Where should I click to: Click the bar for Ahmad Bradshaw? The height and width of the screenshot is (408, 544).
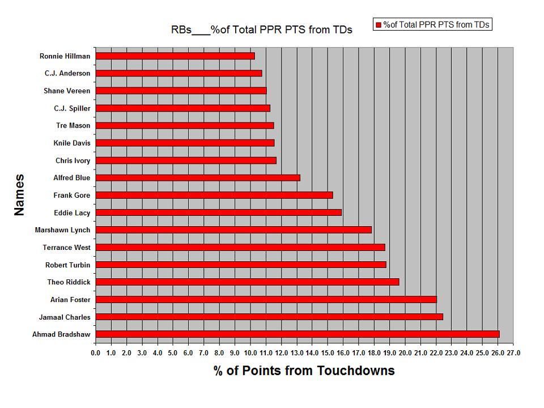[297, 334]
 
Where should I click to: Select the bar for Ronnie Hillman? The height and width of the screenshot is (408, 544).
[175, 56]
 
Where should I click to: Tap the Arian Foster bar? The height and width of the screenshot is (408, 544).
[266, 299]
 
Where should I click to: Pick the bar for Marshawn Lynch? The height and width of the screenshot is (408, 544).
[233, 230]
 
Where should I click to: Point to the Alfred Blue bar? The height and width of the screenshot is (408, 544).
[198, 178]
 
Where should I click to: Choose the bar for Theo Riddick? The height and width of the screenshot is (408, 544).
[247, 282]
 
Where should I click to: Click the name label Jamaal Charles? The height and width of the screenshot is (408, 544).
[65, 317]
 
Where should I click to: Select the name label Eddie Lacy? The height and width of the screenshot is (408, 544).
[72, 212]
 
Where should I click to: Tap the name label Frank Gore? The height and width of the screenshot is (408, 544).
[72, 195]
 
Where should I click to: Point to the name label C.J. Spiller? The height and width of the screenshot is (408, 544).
[72, 108]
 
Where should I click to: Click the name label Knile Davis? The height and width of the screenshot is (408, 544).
[72, 143]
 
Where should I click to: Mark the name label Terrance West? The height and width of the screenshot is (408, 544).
[66, 248]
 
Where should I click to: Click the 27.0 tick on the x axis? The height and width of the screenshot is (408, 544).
[513, 353]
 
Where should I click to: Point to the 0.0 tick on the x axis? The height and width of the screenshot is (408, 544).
[96, 353]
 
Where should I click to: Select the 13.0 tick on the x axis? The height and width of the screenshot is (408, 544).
[297, 353]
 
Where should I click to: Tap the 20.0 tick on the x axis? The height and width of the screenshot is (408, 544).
[405, 353]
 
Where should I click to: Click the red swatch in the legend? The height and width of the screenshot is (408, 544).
[378, 25]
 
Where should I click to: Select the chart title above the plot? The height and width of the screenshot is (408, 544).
[261, 29]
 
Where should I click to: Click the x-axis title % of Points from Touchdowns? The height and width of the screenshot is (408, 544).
[304, 371]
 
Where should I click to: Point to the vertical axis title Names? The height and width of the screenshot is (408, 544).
[19, 195]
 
